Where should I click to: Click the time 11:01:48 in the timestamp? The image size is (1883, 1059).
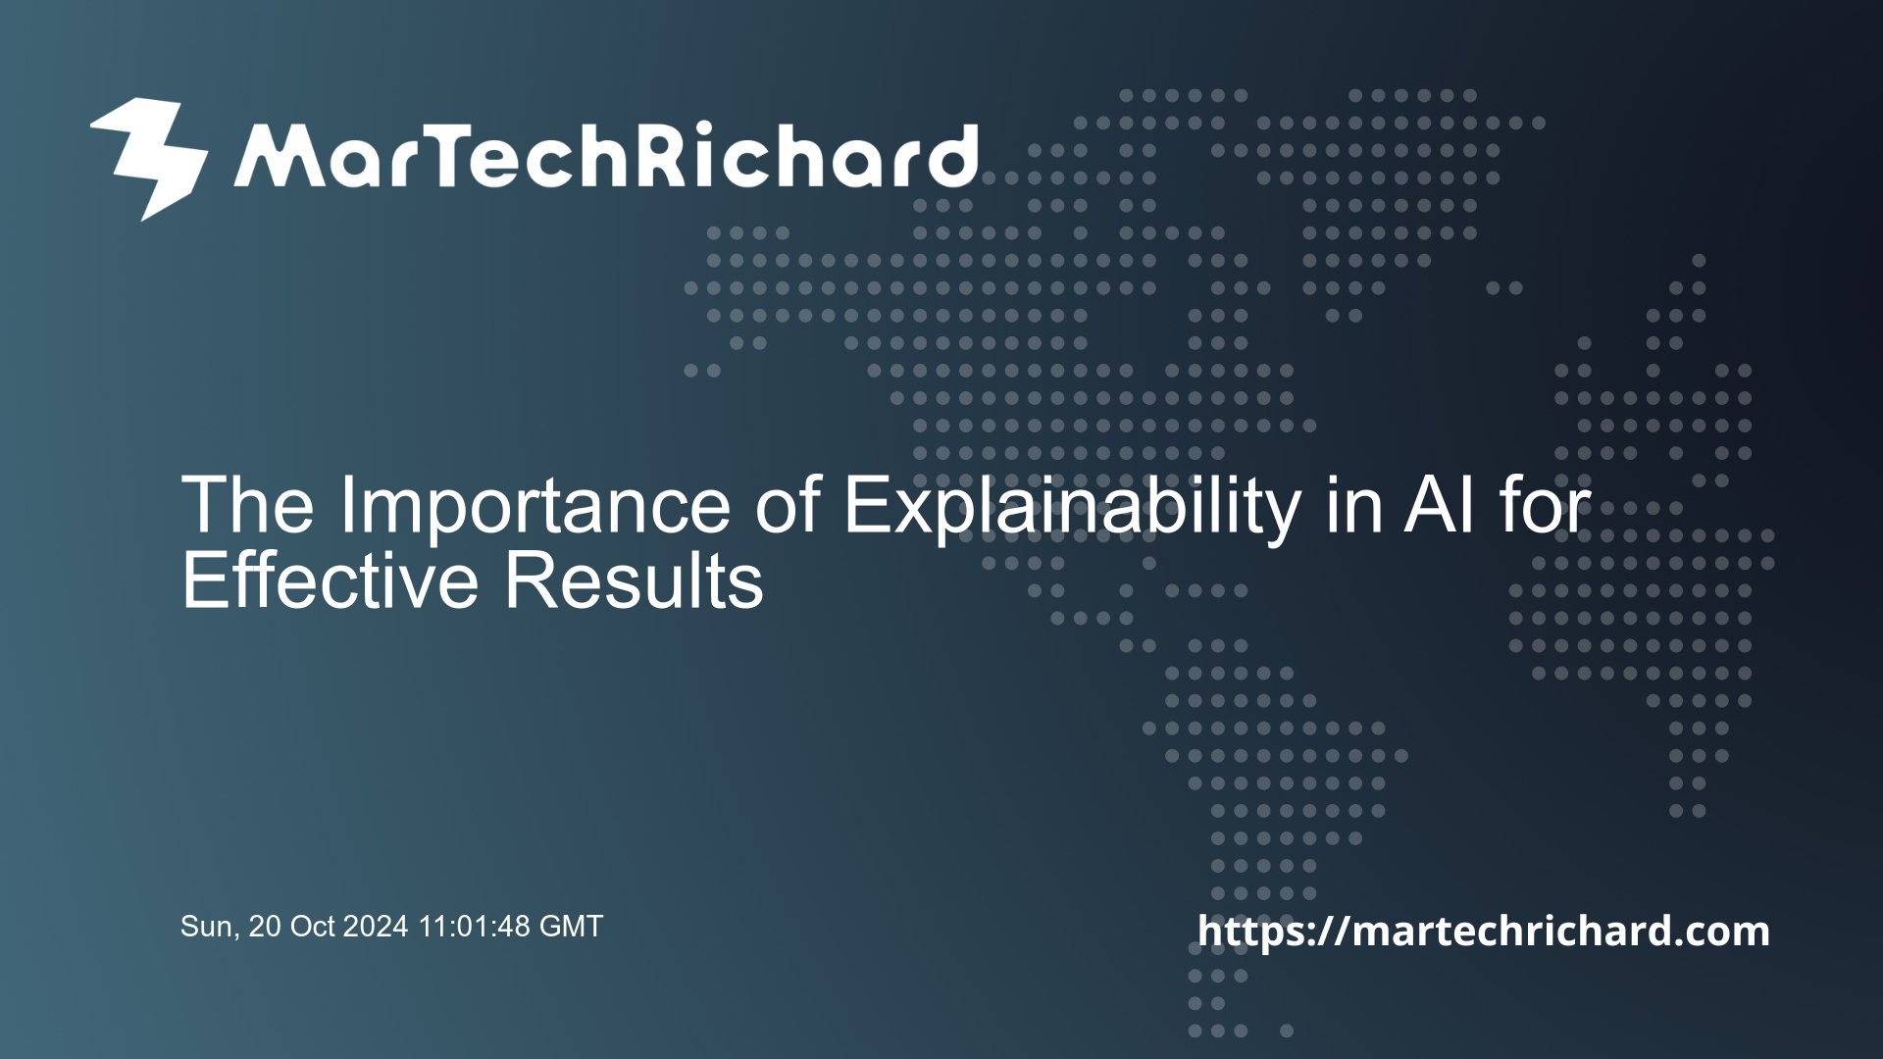[475, 927]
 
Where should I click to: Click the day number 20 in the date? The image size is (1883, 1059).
[264, 927]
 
